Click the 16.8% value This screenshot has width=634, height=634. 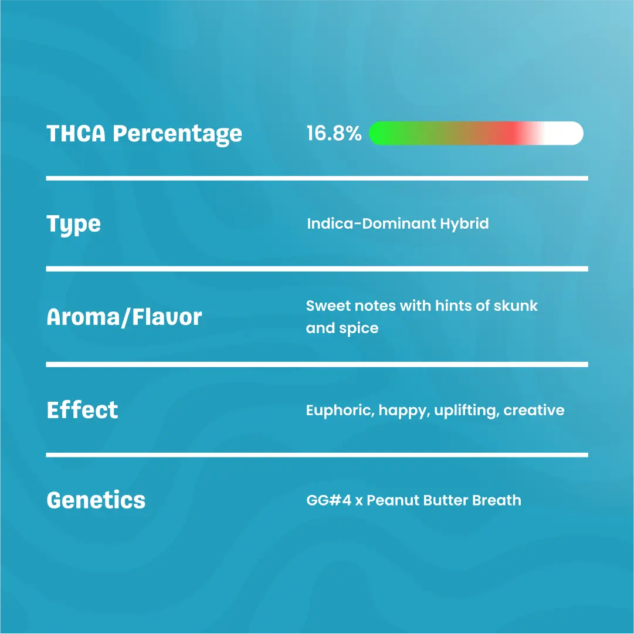click(x=334, y=133)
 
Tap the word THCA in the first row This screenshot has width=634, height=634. click(x=76, y=134)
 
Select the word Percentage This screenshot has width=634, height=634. click(x=178, y=134)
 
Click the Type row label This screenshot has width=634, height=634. click(x=73, y=225)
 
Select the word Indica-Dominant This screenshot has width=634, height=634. click(x=371, y=223)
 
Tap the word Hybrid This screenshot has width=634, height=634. click(x=464, y=223)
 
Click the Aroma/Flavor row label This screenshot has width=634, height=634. click(x=124, y=317)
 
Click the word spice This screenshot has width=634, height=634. click(x=358, y=328)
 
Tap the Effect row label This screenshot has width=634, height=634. click(x=82, y=410)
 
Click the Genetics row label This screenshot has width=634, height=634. click(x=96, y=500)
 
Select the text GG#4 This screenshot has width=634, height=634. click(x=328, y=500)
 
